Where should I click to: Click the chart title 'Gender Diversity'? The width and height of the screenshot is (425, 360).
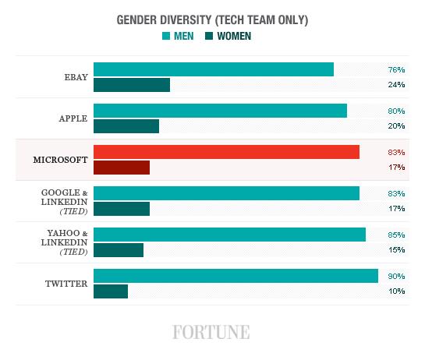[x=164, y=20]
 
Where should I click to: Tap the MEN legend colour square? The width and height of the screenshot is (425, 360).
[x=166, y=36]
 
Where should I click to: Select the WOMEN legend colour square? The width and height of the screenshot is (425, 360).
[x=209, y=36]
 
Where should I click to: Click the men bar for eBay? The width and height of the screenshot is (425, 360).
[x=214, y=69]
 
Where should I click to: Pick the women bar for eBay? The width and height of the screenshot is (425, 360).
[x=132, y=85]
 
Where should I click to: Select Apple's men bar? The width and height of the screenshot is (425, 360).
[x=220, y=111]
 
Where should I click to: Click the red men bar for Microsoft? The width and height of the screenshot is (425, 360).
[x=227, y=152]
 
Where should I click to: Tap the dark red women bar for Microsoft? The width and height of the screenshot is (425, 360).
[x=122, y=168]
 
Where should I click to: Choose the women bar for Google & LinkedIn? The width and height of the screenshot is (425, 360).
[x=122, y=209]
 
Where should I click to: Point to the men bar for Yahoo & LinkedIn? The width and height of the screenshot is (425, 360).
[x=229, y=235]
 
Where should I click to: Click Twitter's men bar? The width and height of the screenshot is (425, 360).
[x=236, y=276]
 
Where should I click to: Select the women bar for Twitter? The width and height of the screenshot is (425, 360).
[x=111, y=291]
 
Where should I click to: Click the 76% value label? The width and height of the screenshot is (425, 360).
[x=396, y=70]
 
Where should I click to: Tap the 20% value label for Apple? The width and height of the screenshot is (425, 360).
[x=396, y=126]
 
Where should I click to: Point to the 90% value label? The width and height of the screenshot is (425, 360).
[x=396, y=277]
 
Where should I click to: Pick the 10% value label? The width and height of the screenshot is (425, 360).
[x=397, y=291]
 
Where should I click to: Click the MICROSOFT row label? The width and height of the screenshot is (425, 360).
[x=60, y=160]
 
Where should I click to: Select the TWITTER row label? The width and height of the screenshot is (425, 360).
[x=66, y=284]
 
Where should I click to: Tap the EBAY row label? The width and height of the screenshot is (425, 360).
[x=76, y=77]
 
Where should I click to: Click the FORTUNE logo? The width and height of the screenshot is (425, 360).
[x=211, y=332]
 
